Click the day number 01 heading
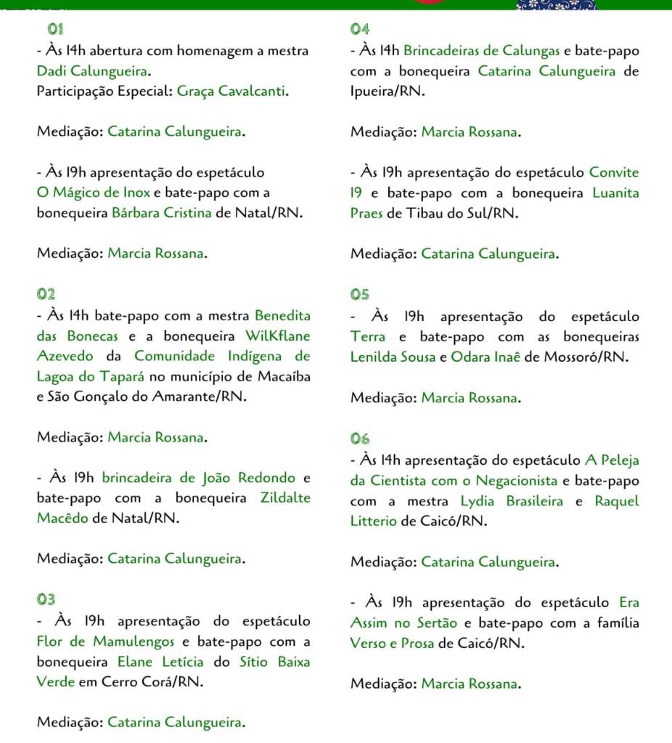(55, 30)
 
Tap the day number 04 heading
(360, 30)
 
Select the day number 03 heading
(46, 599)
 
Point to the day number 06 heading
(360, 439)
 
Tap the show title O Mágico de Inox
(94, 193)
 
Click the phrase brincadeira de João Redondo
(198, 478)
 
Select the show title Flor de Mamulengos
(106, 641)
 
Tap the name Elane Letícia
(161, 662)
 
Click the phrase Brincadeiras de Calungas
(481, 51)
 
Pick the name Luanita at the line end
(615, 193)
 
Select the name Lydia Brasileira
(512, 501)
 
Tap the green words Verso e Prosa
(392, 643)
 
